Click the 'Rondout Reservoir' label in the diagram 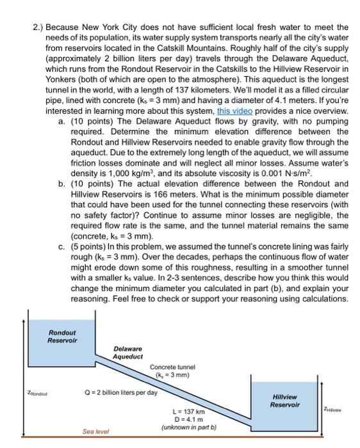(x=62, y=336)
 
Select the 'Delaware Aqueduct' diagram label (x=128, y=353)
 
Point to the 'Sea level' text (x=97, y=432)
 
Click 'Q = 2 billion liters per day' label (x=120, y=391)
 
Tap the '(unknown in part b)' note (x=189, y=426)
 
